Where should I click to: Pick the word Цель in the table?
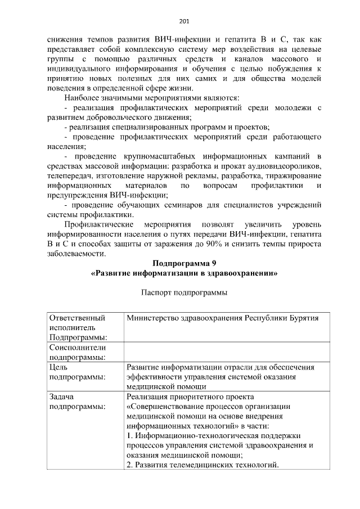[x=59, y=367]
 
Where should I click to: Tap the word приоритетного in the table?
[x=200, y=397]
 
